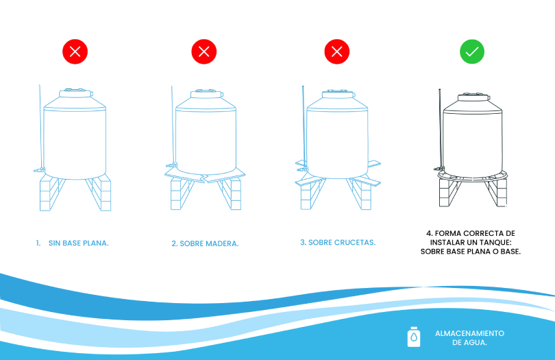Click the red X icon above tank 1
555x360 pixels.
pyautogui.click(x=75, y=51)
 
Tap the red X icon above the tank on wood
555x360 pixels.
pyautogui.click(x=204, y=51)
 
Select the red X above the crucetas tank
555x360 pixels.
pyautogui.click(x=337, y=51)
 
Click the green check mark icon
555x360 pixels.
pyautogui.click(x=472, y=51)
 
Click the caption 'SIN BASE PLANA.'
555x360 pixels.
pyautogui.click(x=79, y=243)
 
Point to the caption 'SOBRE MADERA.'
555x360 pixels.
pyautogui.click(x=209, y=244)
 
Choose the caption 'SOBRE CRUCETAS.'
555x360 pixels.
pyautogui.click(x=342, y=242)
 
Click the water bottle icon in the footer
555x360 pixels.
pyautogui.click(x=414, y=337)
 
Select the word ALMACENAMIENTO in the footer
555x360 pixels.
pyautogui.click(x=470, y=333)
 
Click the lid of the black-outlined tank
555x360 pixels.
pyautogui.click(x=474, y=97)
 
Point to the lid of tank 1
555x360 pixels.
pyautogui.click(x=76, y=93)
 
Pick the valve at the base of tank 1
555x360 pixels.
pyautogui.click(x=39, y=170)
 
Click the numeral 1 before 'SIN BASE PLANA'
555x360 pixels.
pyautogui.click(x=38, y=243)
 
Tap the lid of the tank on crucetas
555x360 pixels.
pyautogui.click(x=338, y=94)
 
